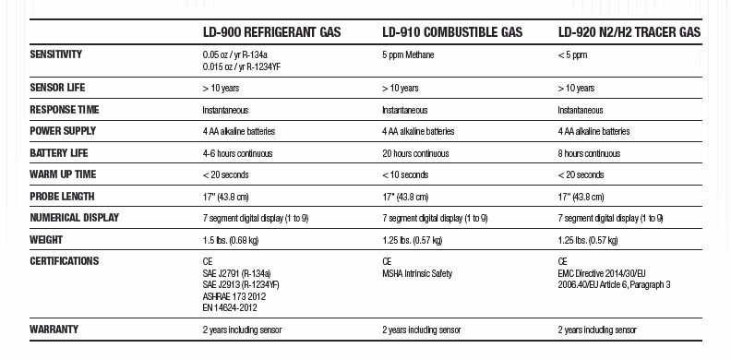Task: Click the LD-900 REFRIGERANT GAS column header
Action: (x=271, y=32)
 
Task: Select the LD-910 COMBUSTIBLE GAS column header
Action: (x=452, y=32)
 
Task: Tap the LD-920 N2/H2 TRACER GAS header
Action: (x=629, y=32)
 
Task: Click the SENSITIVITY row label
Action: (x=55, y=54)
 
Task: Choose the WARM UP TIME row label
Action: (x=63, y=174)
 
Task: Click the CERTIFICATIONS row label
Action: (x=64, y=261)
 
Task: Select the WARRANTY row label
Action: (x=54, y=329)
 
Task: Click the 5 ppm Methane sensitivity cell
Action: (x=408, y=55)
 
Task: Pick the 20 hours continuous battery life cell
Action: (x=415, y=153)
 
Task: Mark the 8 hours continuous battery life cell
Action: (x=589, y=153)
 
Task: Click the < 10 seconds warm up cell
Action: (x=405, y=174)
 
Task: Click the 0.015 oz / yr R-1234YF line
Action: (x=241, y=66)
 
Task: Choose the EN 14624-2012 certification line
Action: (x=230, y=307)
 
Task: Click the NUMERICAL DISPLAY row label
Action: (x=74, y=218)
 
